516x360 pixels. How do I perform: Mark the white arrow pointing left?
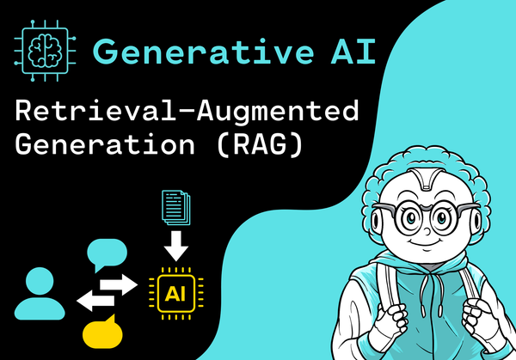click(x=95, y=300)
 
